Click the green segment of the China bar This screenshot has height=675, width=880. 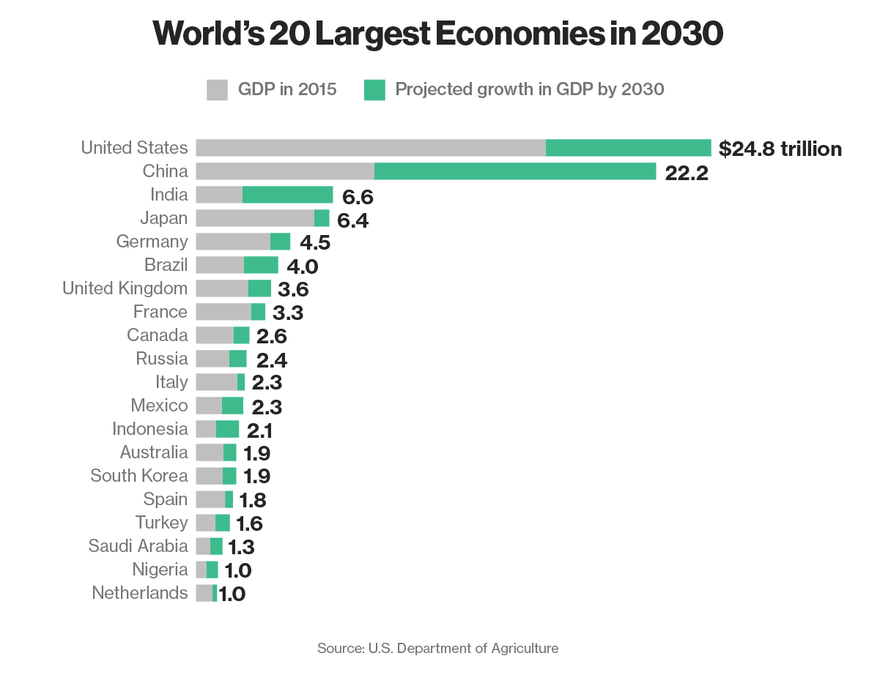coord(514,171)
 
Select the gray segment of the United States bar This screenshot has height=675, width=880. coord(370,148)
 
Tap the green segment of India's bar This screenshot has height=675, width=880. coord(287,195)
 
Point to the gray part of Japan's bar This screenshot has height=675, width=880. coord(255,218)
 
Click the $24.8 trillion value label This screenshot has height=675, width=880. coord(780,149)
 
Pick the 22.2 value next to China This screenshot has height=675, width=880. coord(687,173)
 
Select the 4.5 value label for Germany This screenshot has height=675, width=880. coord(316,242)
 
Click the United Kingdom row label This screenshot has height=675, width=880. coord(125,288)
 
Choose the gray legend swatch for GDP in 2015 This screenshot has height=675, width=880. coord(218,90)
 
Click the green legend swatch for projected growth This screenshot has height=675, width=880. coord(374,90)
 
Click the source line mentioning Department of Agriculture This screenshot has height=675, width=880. coord(437,648)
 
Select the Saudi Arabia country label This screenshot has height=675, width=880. coord(138,546)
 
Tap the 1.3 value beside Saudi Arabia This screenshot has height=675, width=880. coord(241,547)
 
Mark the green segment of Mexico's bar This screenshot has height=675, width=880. coord(232,406)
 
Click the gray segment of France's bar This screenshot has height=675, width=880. coord(223,312)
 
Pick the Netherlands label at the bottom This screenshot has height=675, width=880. coord(139,593)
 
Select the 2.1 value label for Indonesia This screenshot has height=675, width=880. coord(259,430)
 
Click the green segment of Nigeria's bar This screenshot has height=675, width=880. coord(212,570)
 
